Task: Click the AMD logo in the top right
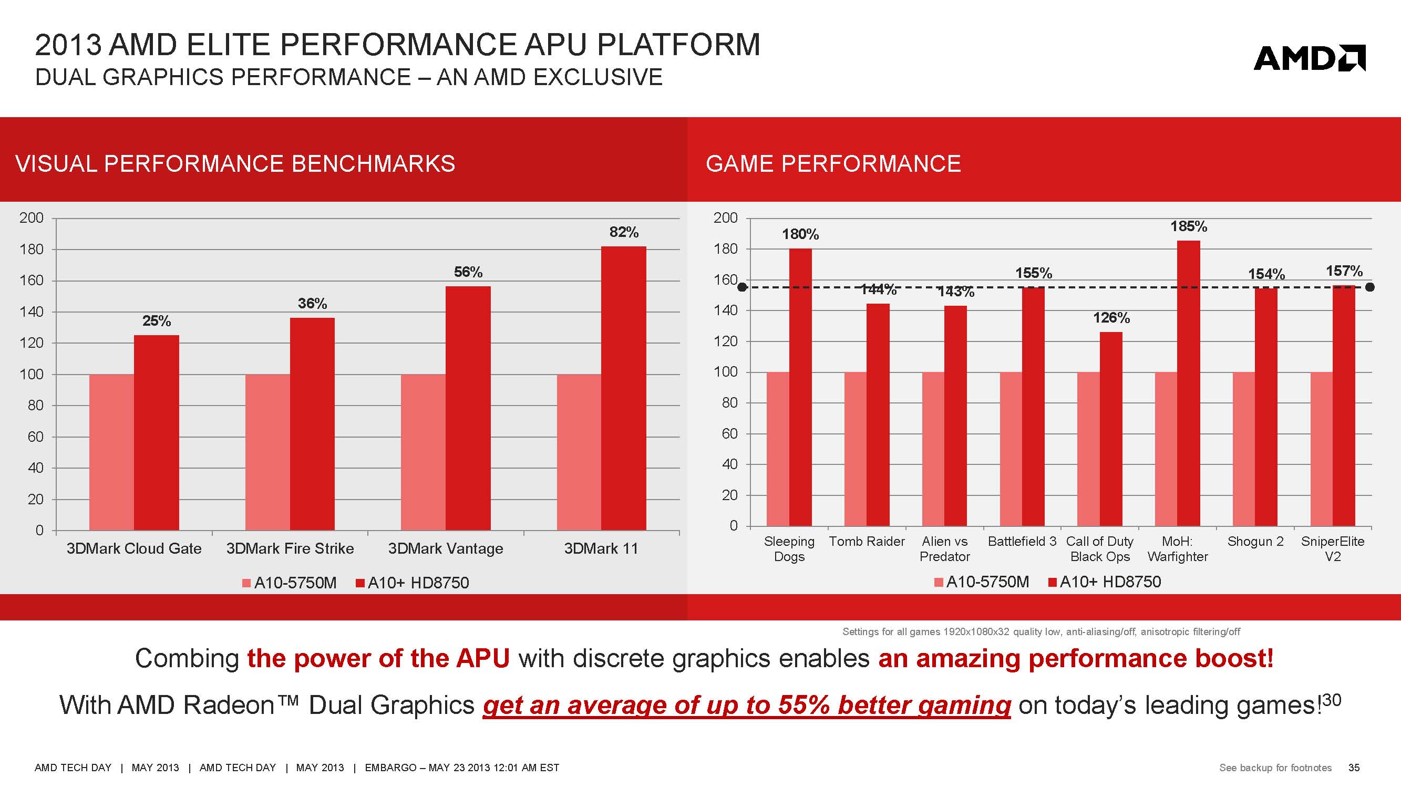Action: click(x=1309, y=58)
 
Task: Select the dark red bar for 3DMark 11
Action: click(x=623, y=388)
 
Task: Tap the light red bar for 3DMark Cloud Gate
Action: click(x=111, y=452)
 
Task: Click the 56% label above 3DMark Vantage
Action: click(x=468, y=272)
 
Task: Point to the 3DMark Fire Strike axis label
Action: click(x=290, y=548)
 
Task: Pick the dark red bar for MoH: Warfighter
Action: click(x=1188, y=383)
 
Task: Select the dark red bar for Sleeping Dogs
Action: click(x=800, y=387)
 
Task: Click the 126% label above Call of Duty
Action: click(x=1111, y=318)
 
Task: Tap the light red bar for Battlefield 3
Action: click(x=1011, y=449)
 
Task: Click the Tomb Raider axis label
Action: click(x=867, y=541)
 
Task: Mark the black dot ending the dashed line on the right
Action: click(x=1370, y=287)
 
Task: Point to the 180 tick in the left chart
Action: click(x=32, y=249)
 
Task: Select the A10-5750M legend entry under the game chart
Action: click(x=981, y=582)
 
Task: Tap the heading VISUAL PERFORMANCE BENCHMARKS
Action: click(x=235, y=164)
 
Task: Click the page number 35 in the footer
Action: click(x=1354, y=768)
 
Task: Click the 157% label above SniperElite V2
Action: click(x=1344, y=271)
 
